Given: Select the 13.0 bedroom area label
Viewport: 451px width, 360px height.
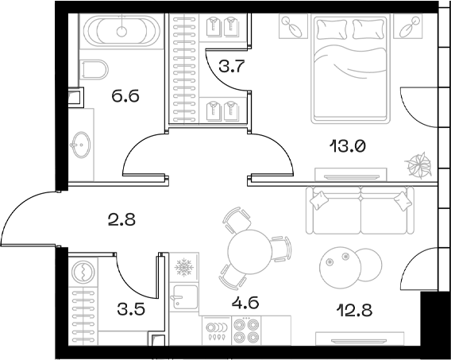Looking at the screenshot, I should pyautogui.click(x=347, y=145).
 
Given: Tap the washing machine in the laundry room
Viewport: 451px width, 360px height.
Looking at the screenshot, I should pyautogui.click(x=83, y=273).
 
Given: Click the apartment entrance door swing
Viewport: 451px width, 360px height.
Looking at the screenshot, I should pyautogui.click(x=30, y=217).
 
